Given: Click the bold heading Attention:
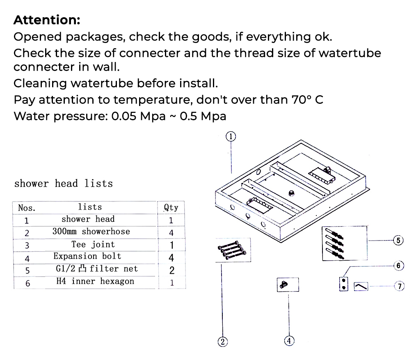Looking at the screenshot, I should (x=47, y=20).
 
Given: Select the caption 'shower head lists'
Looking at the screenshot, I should (x=63, y=183).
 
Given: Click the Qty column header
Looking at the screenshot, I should (x=171, y=207).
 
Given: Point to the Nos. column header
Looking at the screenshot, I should (x=27, y=208).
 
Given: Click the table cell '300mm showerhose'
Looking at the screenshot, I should (x=91, y=232).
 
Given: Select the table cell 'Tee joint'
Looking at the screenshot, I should (x=93, y=245).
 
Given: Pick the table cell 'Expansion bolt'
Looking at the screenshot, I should (x=87, y=257).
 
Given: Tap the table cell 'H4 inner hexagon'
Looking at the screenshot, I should (x=95, y=282).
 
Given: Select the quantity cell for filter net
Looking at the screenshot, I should (x=171, y=270).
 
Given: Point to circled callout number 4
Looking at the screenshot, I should (x=289, y=341).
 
